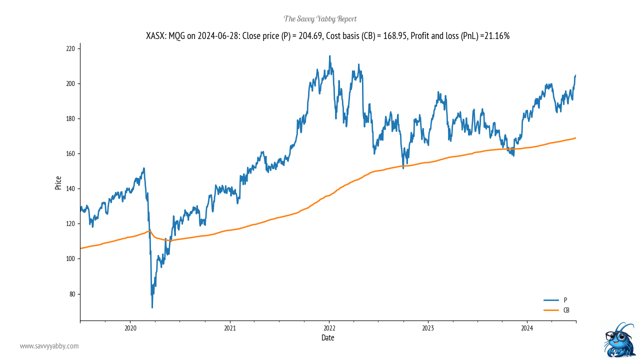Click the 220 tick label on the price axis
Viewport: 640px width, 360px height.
[x=70, y=48]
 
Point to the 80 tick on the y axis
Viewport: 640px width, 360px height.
[x=71, y=294]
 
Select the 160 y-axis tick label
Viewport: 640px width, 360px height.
[x=70, y=153]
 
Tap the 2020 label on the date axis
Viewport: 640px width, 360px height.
[x=130, y=328]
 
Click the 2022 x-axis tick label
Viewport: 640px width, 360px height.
[x=329, y=328]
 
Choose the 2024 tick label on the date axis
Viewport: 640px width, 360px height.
[x=527, y=328]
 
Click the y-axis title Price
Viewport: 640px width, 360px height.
[x=58, y=182]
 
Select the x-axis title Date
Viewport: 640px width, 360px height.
[x=328, y=338]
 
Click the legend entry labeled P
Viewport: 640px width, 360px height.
[x=565, y=300]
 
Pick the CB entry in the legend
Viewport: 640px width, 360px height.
[x=566, y=310]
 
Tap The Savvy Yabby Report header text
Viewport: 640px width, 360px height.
[x=320, y=19]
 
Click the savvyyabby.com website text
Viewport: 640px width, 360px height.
[x=49, y=346]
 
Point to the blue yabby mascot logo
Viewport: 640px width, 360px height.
[x=619, y=339]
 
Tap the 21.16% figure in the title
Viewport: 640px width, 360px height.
[x=496, y=36]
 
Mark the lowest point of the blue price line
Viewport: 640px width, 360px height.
[x=152, y=307]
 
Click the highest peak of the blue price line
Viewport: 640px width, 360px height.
[x=329, y=56]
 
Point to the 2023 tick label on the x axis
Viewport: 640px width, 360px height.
[x=428, y=328]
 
